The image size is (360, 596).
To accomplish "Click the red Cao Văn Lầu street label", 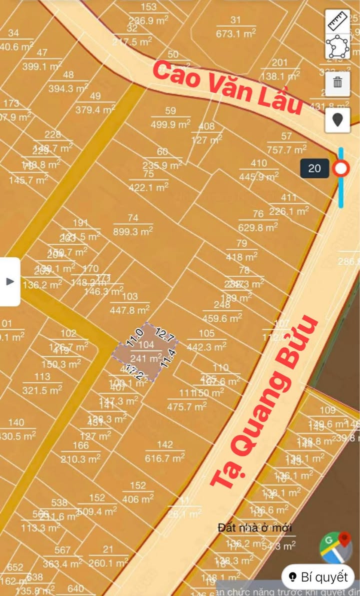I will [x=227, y=88].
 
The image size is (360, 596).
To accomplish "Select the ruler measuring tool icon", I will [x=337, y=21].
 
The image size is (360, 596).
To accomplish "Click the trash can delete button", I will [x=337, y=82].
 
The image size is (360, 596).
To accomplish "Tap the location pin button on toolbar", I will [x=337, y=121].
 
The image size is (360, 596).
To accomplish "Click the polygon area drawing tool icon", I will [x=337, y=47].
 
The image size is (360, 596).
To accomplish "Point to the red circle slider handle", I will [x=341, y=169].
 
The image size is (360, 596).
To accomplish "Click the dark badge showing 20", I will [x=314, y=168].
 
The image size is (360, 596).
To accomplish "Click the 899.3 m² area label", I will [x=132, y=232].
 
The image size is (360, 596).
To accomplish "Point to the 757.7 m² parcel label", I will [x=286, y=149].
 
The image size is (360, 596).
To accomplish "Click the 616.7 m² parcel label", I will [x=165, y=458].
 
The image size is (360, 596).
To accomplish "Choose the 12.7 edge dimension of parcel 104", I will [x=164, y=335].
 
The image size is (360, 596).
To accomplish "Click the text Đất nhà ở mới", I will [x=255, y=527].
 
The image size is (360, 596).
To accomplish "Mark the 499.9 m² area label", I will [x=170, y=125].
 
